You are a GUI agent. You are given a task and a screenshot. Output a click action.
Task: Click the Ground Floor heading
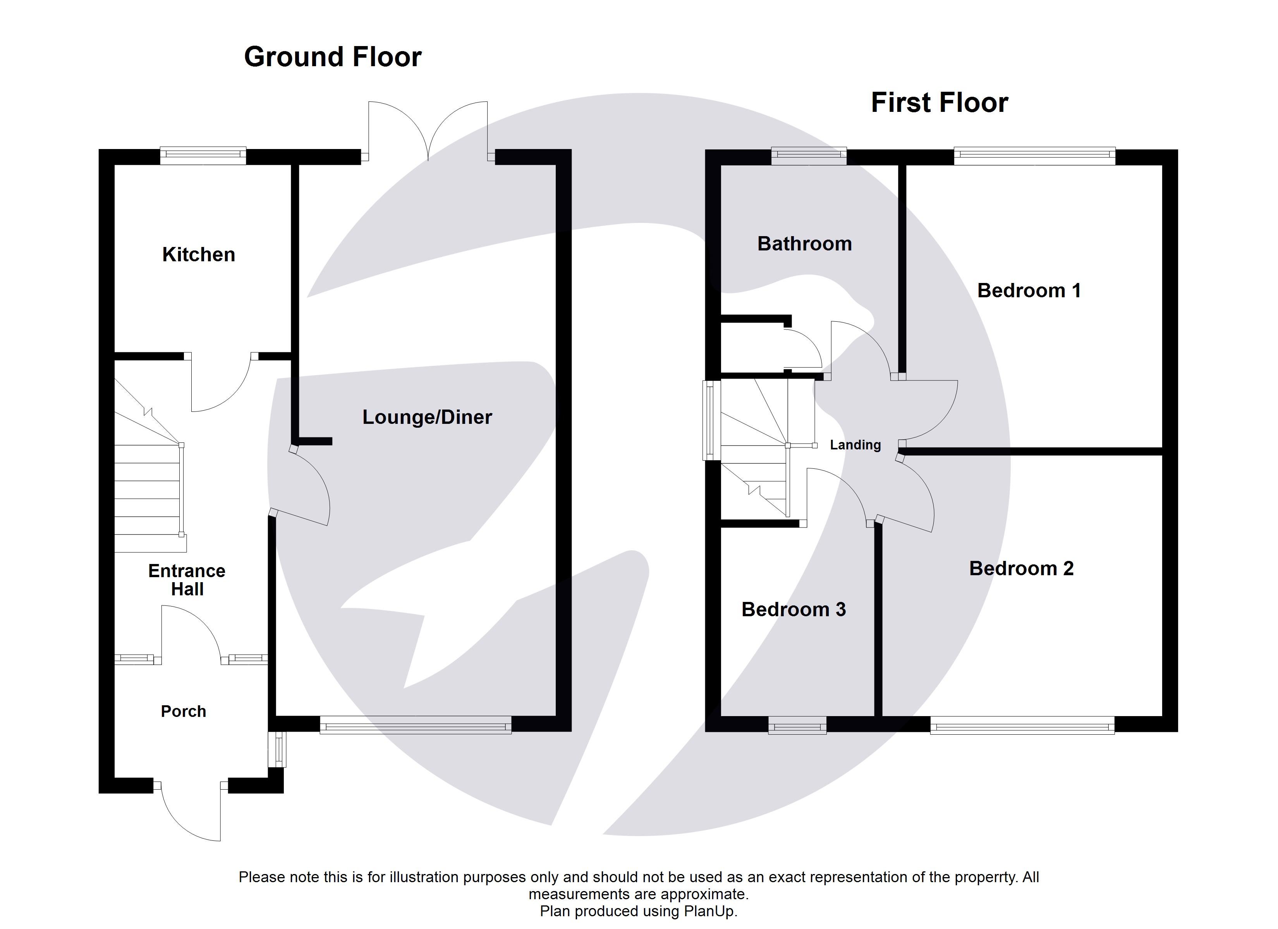point(332,57)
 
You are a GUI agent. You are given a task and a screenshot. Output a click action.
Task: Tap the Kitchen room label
point(198,255)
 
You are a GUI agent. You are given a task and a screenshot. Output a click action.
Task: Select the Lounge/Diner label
point(427,417)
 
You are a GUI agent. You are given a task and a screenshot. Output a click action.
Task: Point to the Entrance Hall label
point(187,580)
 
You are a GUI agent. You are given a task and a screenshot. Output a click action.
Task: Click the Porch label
point(183,711)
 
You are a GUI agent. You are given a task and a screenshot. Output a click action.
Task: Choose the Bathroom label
point(804,243)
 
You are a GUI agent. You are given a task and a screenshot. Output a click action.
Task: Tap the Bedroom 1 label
point(1028,290)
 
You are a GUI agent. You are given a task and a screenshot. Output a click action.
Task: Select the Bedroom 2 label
point(1021,569)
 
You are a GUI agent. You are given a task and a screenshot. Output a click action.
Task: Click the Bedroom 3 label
point(794,609)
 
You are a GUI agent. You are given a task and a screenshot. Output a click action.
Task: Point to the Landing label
point(855,444)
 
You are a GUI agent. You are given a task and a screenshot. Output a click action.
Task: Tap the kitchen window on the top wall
point(203,156)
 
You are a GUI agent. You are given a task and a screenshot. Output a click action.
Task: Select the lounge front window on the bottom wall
point(415,725)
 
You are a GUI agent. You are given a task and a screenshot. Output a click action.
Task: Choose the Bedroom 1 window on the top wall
point(1034,156)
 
